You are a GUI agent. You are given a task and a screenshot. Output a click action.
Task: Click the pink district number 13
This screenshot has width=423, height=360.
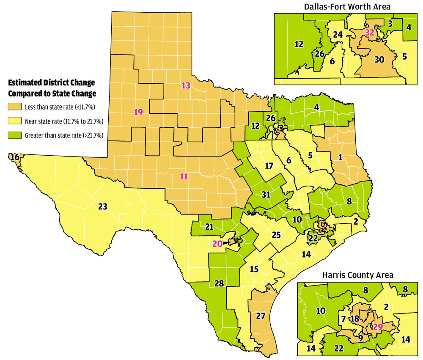click(186, 85)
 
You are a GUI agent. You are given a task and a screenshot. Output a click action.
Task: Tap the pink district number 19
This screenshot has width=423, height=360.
click(138, 112)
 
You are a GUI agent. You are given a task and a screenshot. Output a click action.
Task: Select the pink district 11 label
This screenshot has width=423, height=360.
click(184, 176)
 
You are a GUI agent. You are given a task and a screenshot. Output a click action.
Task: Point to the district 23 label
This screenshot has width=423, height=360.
click(103, 206)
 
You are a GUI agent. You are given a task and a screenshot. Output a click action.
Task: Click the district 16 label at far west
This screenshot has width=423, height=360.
click(15, 157)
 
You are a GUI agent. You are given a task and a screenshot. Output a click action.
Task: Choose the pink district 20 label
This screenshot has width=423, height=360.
click(217, 243)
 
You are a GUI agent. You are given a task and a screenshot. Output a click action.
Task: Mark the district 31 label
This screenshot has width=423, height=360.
click(266, 195)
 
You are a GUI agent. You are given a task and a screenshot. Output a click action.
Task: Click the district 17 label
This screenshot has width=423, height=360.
click(269, 166)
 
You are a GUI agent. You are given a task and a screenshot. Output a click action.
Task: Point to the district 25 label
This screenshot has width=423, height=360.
click(276, 235)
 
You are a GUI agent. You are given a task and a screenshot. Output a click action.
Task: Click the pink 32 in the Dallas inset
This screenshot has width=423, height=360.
click(370, 33)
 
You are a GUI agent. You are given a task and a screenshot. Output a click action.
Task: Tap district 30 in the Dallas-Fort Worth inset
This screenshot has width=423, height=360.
click(379, 60)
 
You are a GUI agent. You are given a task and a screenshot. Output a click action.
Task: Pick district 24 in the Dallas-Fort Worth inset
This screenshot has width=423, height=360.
click(337, 35)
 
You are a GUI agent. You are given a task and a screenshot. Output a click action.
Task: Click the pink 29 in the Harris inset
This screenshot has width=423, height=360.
click(378, 326)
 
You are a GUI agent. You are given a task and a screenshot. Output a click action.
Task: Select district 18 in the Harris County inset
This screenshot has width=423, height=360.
click(354, 319)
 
